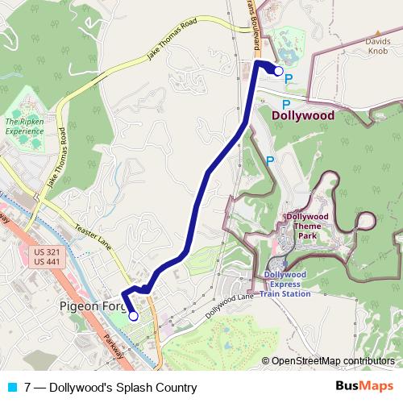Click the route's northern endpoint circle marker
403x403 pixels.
coord(279,71)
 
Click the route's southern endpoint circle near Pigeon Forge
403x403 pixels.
coord(133,317)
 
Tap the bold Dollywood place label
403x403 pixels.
coord(303,115)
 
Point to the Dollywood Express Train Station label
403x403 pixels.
coord(286,284)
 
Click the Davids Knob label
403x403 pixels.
coord(378,45)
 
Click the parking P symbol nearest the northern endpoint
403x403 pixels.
coord(288,79)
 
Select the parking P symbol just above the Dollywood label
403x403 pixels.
coord(285,104)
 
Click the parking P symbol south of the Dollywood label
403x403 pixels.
coord(270,160)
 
